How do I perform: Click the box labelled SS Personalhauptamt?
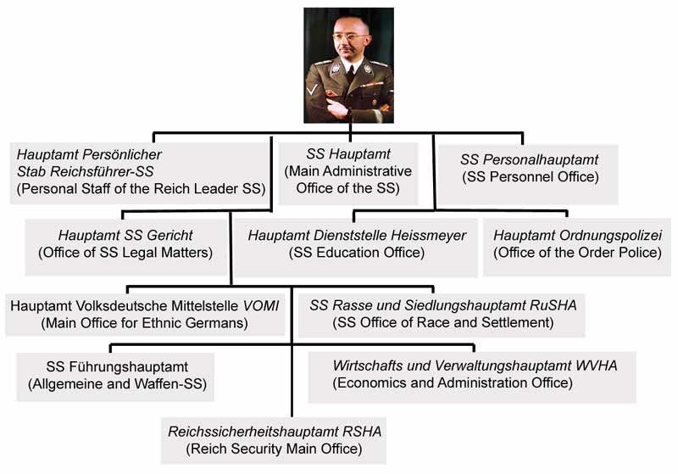528,175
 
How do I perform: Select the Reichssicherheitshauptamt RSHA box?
274,441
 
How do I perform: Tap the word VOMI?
261,306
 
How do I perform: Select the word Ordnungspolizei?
610,235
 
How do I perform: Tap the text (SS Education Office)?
357,253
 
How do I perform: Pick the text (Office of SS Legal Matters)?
125,253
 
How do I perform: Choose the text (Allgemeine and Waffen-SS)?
117,384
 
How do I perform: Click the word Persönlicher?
122,154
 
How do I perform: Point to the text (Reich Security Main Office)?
274,449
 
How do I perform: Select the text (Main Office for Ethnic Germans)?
144,323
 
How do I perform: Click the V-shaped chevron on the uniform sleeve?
312,91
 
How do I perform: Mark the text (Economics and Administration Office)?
453,382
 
